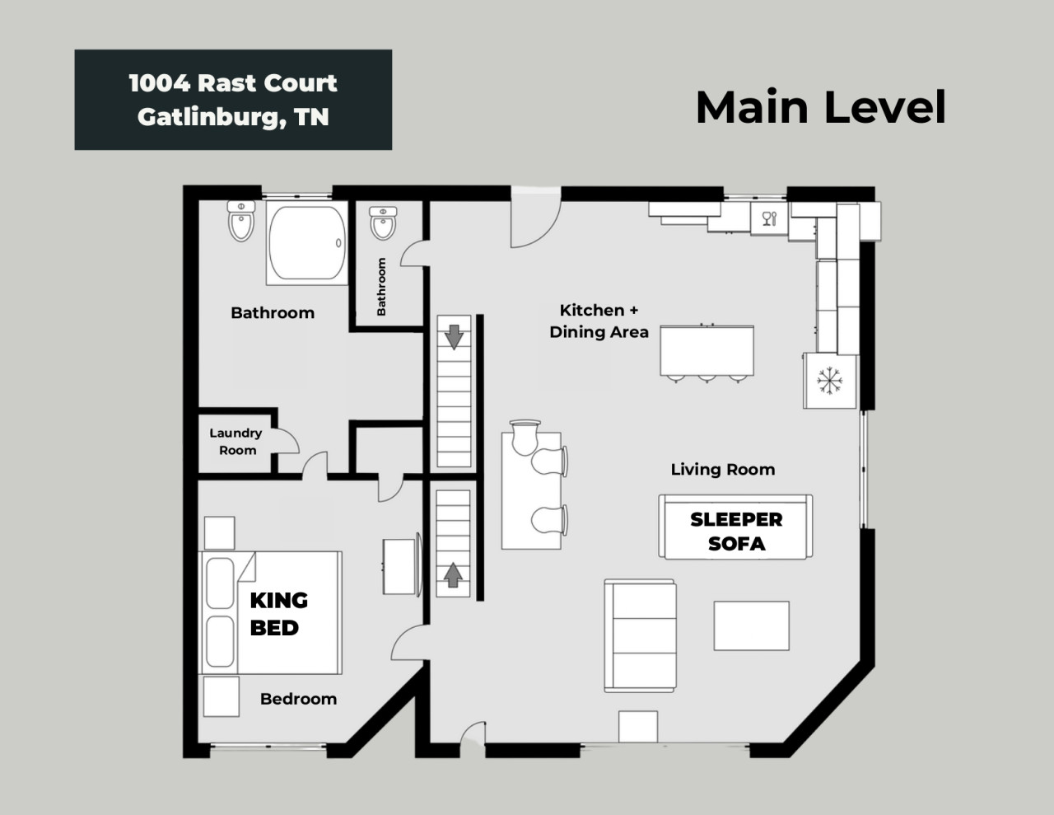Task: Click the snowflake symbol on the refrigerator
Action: (829, 380)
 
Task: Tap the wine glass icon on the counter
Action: (769, 218)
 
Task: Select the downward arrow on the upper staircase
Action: (454, 337)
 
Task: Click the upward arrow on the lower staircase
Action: (453, 575)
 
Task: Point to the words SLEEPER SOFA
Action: (736, 532)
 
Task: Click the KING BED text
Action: (278, 614)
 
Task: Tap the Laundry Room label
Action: (236, 441)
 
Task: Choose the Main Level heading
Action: (821, 107)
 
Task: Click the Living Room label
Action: (723, 470)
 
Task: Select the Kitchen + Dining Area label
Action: (599, 321)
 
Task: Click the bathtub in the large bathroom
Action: (307, 243)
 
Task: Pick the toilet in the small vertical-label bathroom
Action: (383, 223)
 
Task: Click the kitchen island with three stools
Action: (707, 351)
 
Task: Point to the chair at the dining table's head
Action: (525, 438)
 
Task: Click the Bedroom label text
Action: (298, 699)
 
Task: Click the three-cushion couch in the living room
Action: (641, 636)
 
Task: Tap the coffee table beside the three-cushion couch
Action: (751, 625)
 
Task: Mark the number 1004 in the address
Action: (160, 83)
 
